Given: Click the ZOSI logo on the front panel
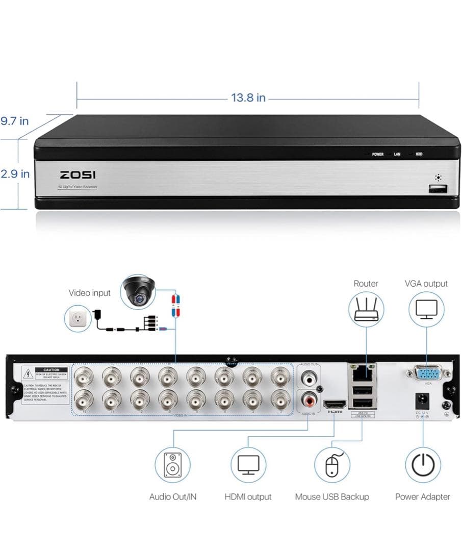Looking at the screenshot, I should click(x=78, y=175).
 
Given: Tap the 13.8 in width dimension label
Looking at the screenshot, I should click(x=248, y=97).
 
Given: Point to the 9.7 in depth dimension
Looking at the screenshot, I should click(x=15, y=121).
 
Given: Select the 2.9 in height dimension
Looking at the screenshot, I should click(x=15, y=173).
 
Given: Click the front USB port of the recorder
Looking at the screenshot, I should click(x=438, y=190).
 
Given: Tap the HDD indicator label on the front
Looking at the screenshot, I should click(x=419, y=154).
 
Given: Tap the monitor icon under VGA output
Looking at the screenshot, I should click(x=426, y=310).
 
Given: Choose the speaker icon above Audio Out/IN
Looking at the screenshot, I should click(x=173, y=465).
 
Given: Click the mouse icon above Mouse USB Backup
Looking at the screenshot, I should click(x=332, y=465).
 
